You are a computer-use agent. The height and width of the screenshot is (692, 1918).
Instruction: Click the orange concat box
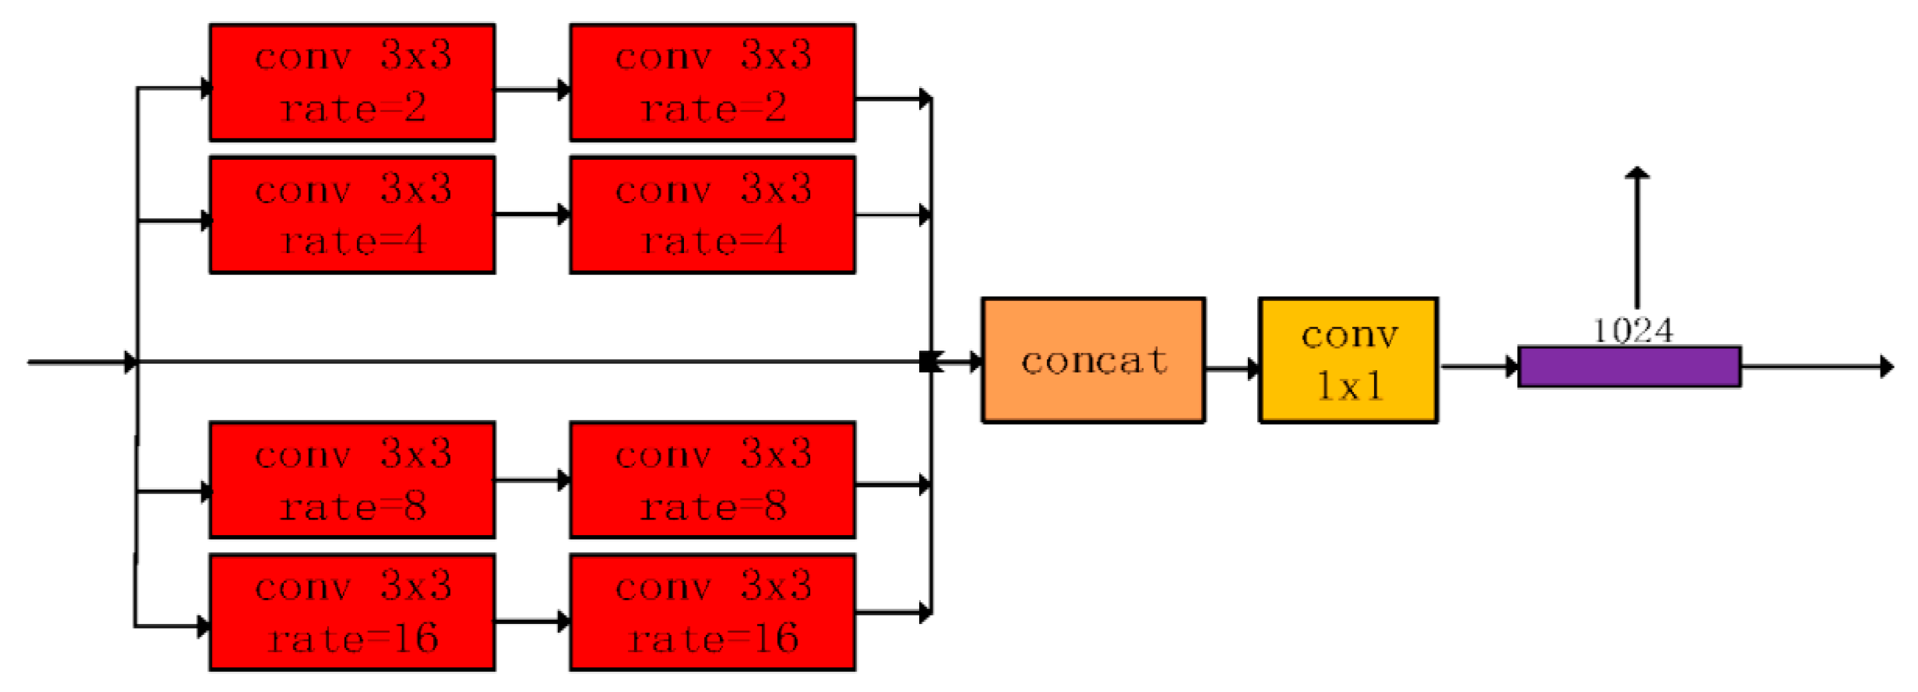[x=1092, y=360]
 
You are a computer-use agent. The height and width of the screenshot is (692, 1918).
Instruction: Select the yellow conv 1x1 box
[x=1348, y=360]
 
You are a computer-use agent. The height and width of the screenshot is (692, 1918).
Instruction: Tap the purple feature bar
[x=1629, y=367]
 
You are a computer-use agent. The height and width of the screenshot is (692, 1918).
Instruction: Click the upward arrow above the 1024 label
[x=1637, y=238]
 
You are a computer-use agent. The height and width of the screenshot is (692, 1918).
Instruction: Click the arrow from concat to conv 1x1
[x=1232, y=368]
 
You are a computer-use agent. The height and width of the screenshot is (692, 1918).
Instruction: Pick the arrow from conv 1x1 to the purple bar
[x=1479, y=367]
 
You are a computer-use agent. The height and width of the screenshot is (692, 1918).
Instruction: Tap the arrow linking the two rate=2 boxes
[x=532, y=90]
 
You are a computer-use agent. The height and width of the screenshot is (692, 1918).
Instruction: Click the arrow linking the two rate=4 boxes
[x=532, y=215]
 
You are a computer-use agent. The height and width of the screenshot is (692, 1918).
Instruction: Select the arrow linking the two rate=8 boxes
[x=532, y=480]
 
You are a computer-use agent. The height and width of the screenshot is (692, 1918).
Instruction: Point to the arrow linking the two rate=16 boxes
[x=532, y=621]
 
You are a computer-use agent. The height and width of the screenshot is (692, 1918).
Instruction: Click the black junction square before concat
[x=928, y=362]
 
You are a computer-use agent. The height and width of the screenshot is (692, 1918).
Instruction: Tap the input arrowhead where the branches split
[x=131, y=363]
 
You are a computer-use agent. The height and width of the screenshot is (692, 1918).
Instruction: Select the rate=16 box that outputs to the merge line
[x=713, y=612]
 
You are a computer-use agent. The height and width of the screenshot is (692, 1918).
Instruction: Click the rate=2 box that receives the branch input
[x=352, y=82]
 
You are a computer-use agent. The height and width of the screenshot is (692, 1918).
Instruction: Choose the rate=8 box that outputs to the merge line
[x=713, y=480]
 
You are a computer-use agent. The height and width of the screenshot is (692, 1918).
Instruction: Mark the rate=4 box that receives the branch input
[x=352, y=215]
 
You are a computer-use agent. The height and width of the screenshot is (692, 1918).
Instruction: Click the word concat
[x=1093, y=361]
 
